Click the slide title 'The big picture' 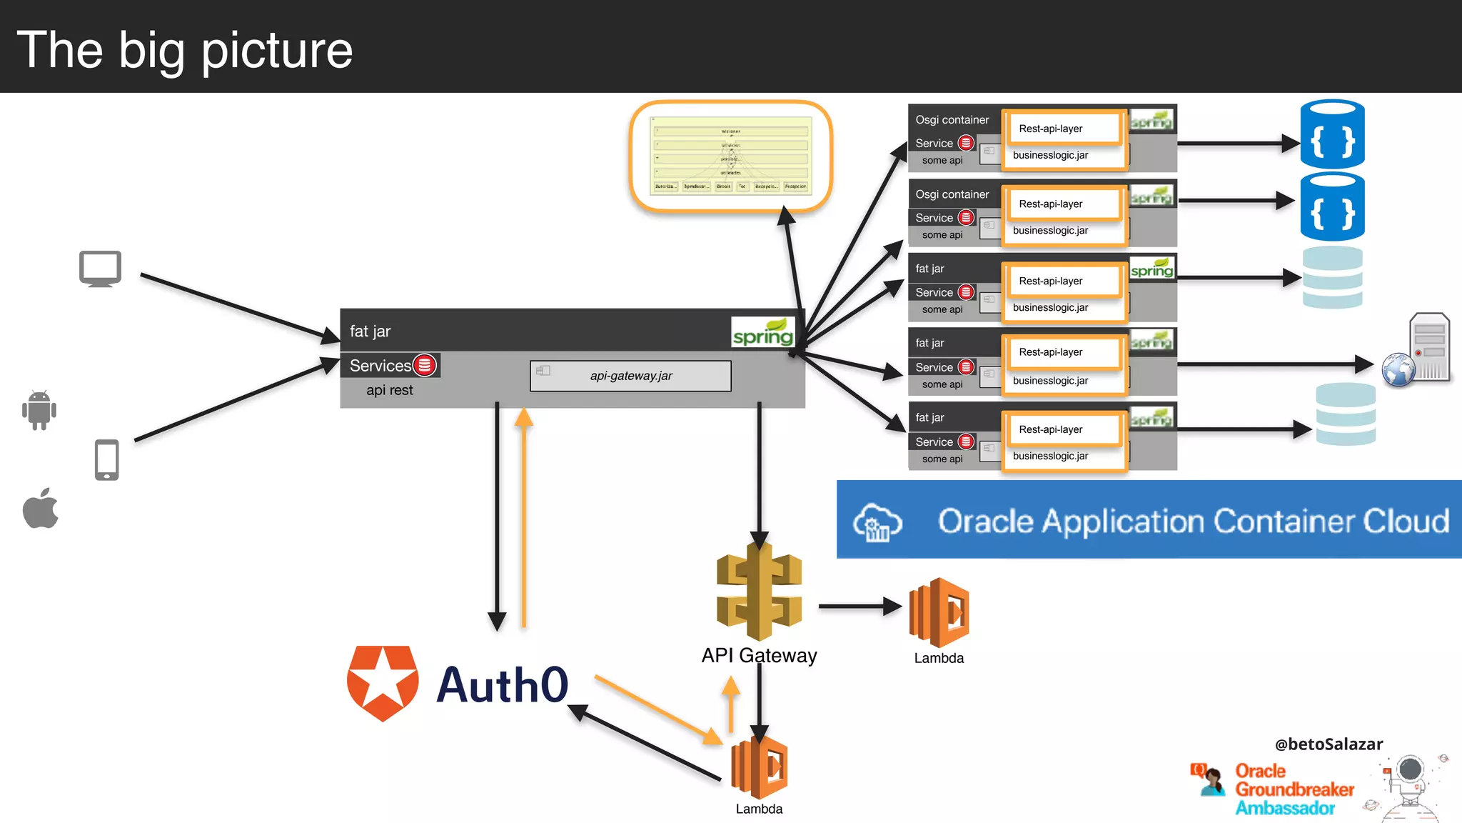pyautogui.click(x=184, y=50)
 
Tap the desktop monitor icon pyautogui.click(x=100, y=269)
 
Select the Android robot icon pyautogui.click(x=39, y=410)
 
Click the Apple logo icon pyautogui.click(x=41, y=509)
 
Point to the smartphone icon pyautogui.click(x=107, y=459)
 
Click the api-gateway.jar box pyautogui.click(x=630, y=376)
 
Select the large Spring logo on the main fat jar pyautogui.click(x=762, y=333)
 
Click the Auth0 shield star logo pyautogui.click(x=383, y=683)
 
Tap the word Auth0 pyautogui.click(x=502, y=685)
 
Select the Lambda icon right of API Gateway pyautogui.click(x=939, y=612)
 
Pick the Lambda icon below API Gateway pyautogui.click(x=759, y=768)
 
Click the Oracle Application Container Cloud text pyautogui.click(x=1193, y=521)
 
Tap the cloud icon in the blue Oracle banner pyautogui.click(x=877, y=522)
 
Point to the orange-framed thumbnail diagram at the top pyautogui.click(x=731, y=156)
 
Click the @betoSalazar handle pyautogui.click(x=1329, y=744)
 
